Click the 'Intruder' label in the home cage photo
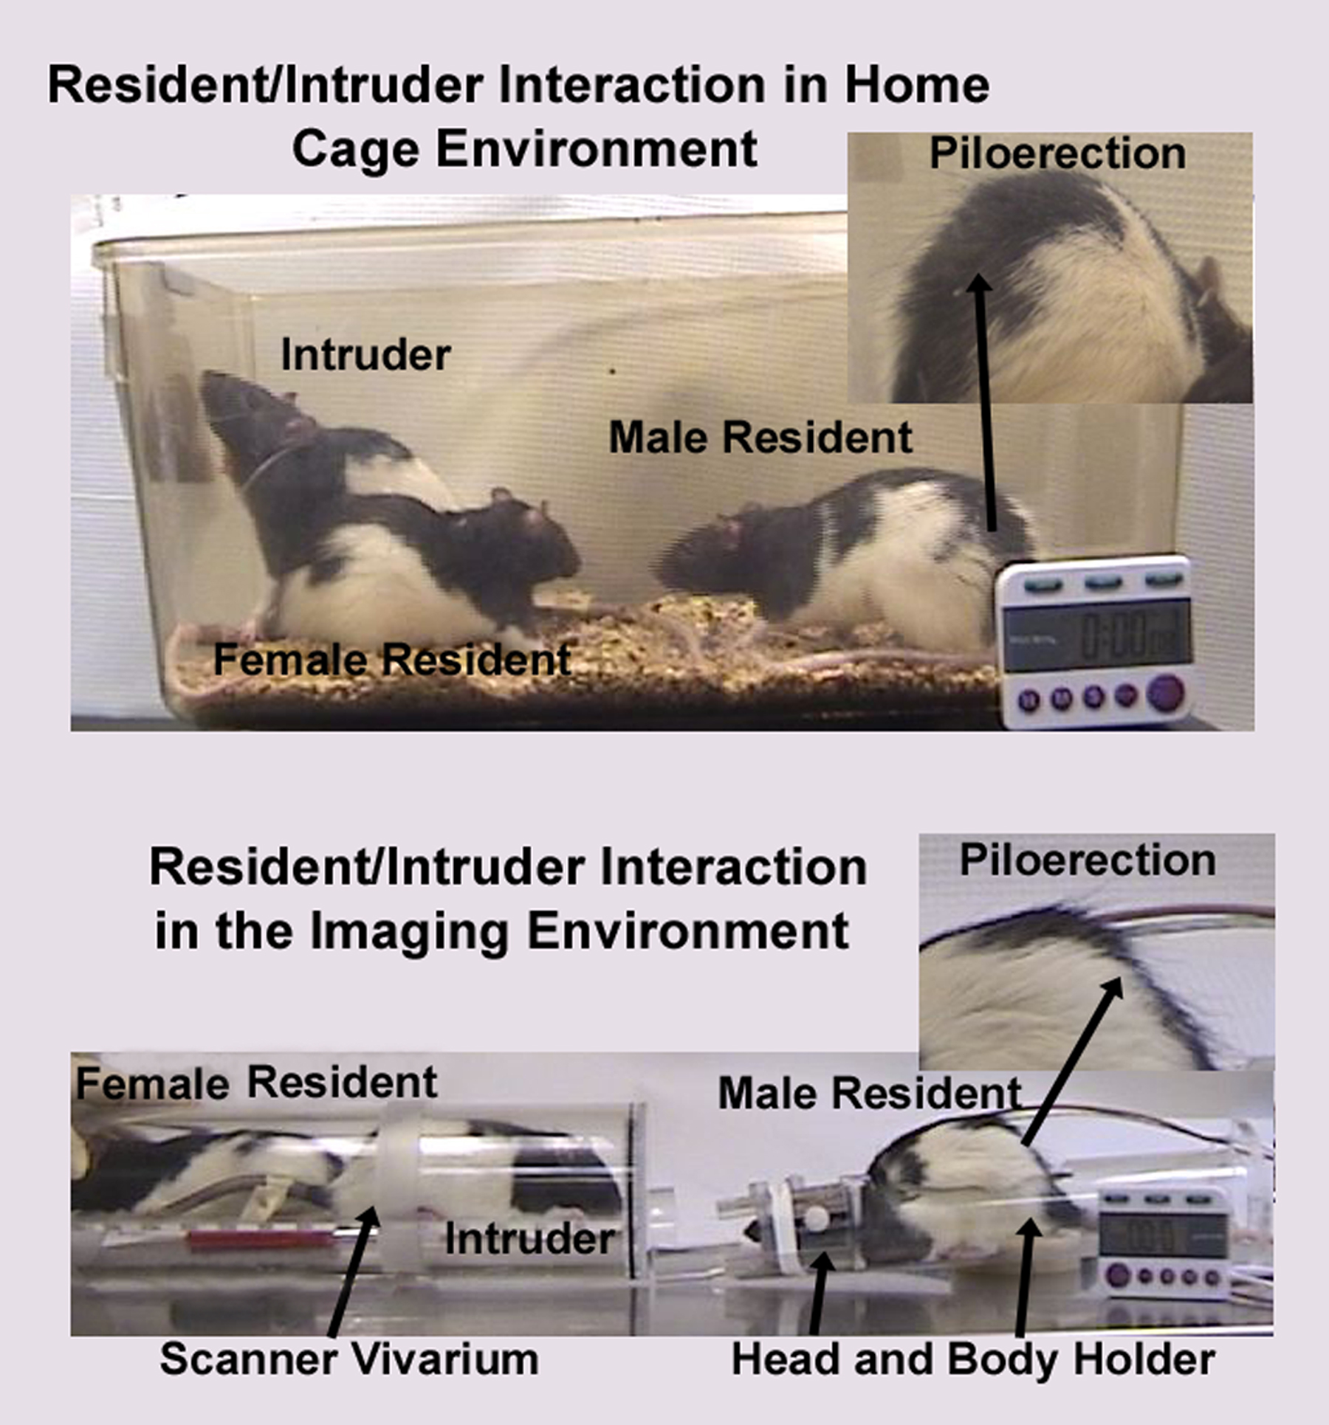pyautogui.click(x=365, y=355)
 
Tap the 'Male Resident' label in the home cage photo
pyautogui.click(x=760, y=437)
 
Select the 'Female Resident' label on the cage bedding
pyautogui.click(x=392, y=659)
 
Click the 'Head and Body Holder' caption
pyautogui.click(x=973, y=1359)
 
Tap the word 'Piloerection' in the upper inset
pyautogui.click(x=1057, y=153)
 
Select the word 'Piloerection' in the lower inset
pyautogui.click(x=1088, y=860)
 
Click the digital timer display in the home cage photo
pyautogui.click(x=1098, y=635)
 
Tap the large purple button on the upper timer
pyautogui.click(x=1165, y=694)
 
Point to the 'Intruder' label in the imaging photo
pyautogui.click(x=529, y=1238)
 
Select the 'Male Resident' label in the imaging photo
pyautogui.click(x=870, y=1093)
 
